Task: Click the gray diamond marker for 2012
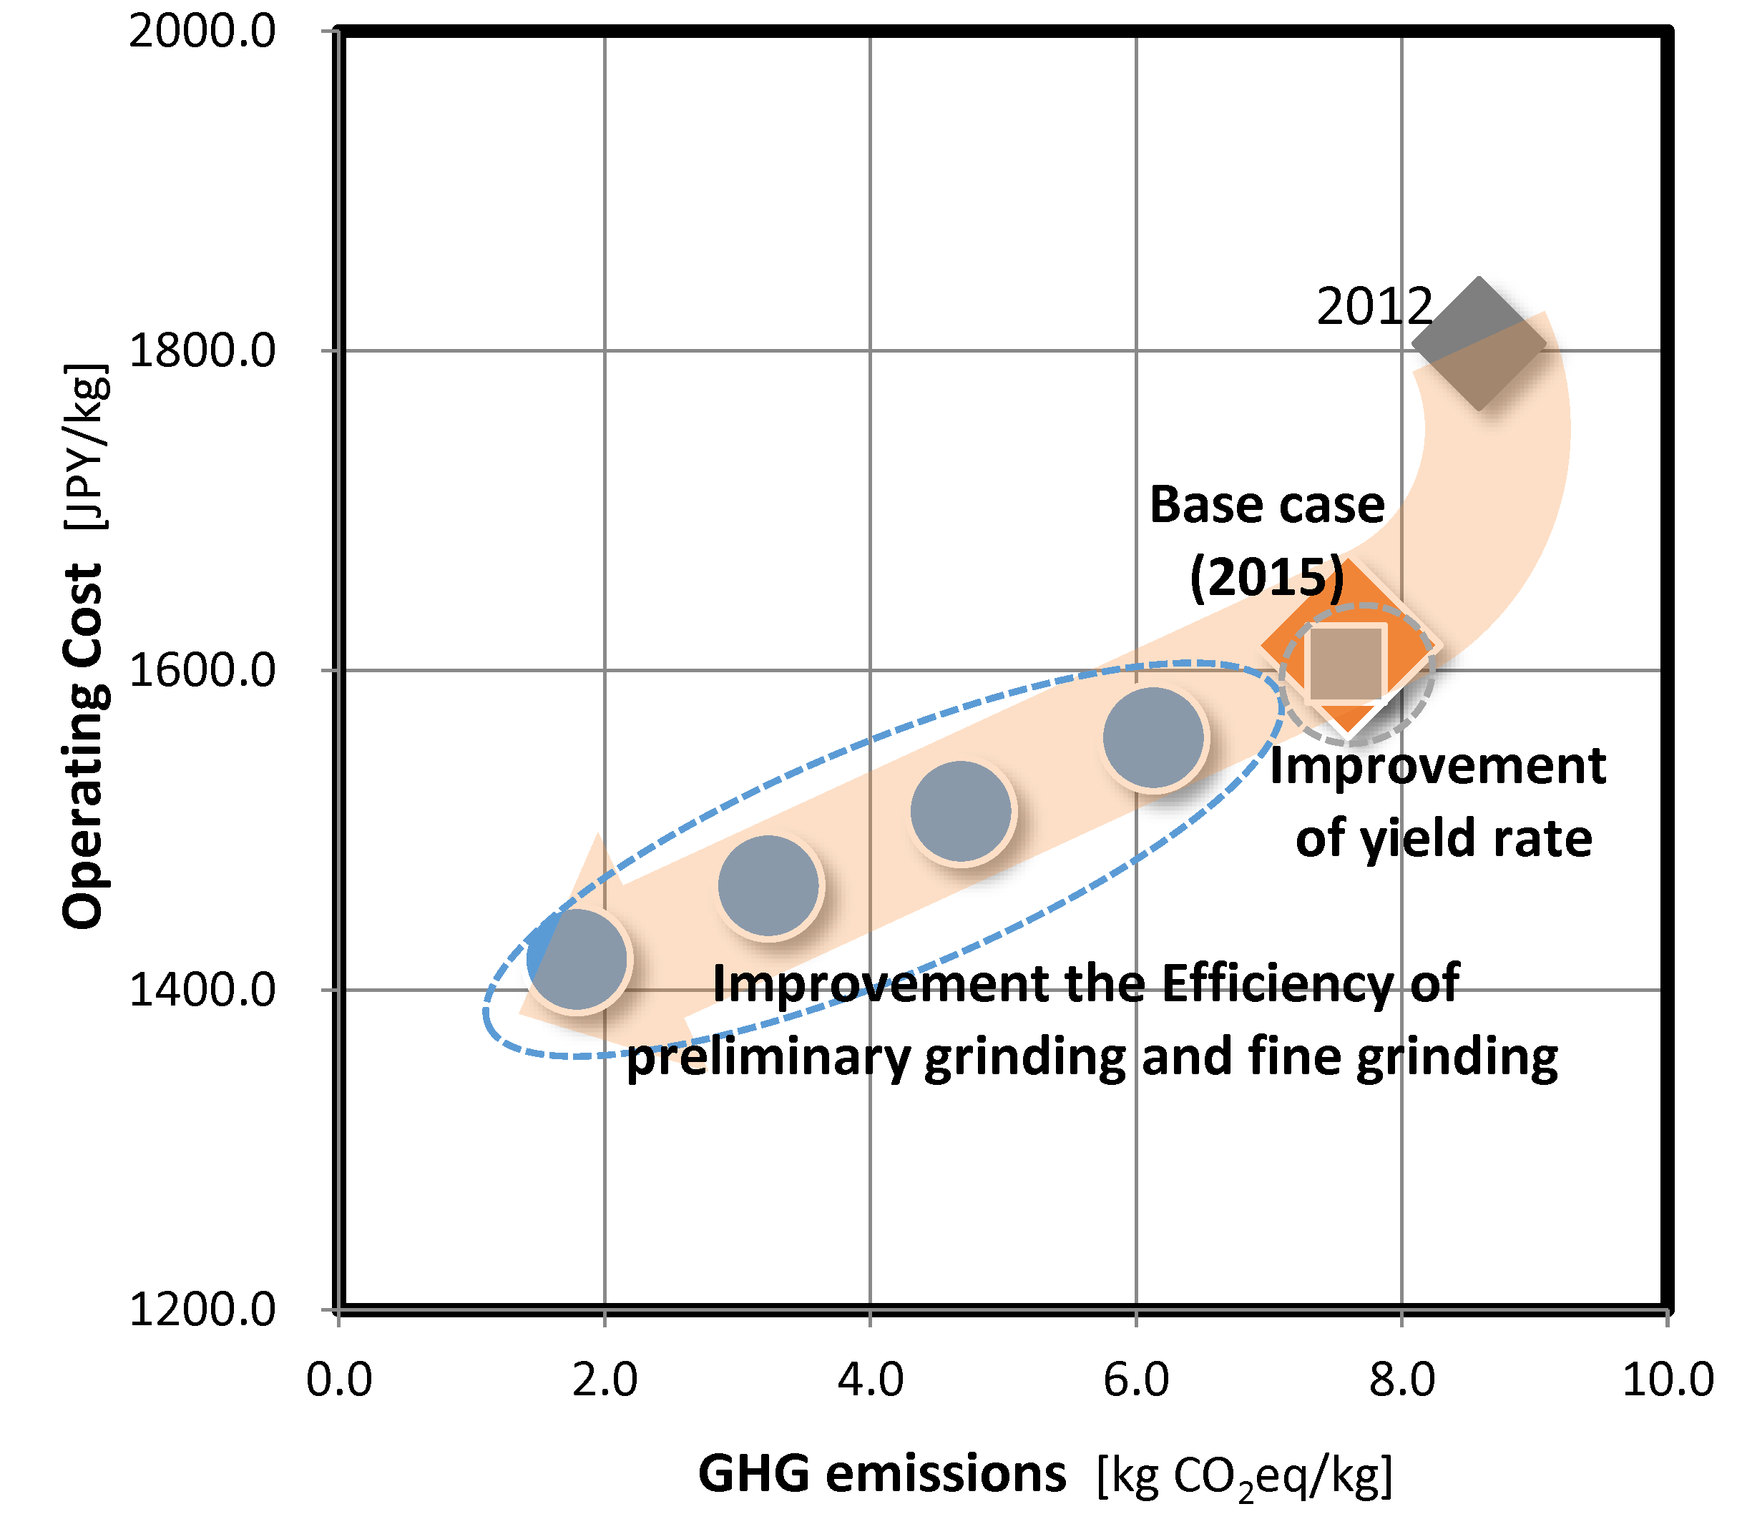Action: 1477,343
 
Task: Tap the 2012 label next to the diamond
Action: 1374,306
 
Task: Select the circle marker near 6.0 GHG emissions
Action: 1153,737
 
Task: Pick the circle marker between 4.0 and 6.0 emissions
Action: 960,811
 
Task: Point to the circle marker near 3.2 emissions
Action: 768,885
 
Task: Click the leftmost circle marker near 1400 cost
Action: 577,960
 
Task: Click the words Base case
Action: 1266,505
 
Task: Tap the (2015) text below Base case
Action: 1266,578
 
